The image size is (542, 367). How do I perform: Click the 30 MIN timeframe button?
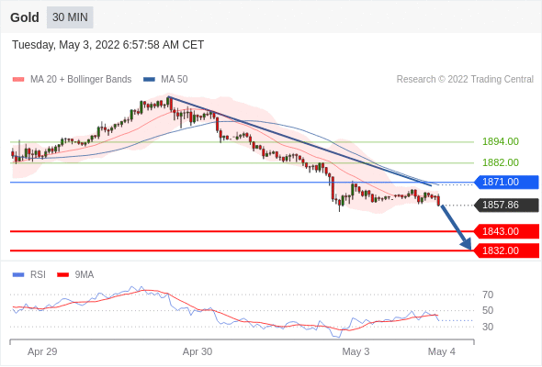point(70,17)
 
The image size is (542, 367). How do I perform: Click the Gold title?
point(25,17)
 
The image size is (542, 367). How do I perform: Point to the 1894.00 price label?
point(501,141)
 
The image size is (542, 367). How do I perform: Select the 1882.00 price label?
point(501,162)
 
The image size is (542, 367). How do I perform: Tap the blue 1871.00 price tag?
point(506,182)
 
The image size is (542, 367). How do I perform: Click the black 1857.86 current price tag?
point(506,206)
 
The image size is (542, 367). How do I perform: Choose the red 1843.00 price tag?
point(506,231)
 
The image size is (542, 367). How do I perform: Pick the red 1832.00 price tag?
point(506,250)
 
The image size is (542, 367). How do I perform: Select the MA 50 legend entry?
point(165,80)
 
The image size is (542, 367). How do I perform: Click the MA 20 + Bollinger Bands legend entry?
point(72,80)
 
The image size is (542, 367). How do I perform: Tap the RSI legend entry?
point(29,275)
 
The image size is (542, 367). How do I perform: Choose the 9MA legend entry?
point(75,275)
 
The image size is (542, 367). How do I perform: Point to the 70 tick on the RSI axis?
point(488,295)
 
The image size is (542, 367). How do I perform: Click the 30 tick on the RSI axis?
point(488,327)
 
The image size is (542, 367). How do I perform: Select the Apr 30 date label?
point(198,351)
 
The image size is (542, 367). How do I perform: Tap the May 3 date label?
point(356,351)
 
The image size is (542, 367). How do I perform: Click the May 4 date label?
point(442,351)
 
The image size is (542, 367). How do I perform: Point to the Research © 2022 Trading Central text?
point(465,80)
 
